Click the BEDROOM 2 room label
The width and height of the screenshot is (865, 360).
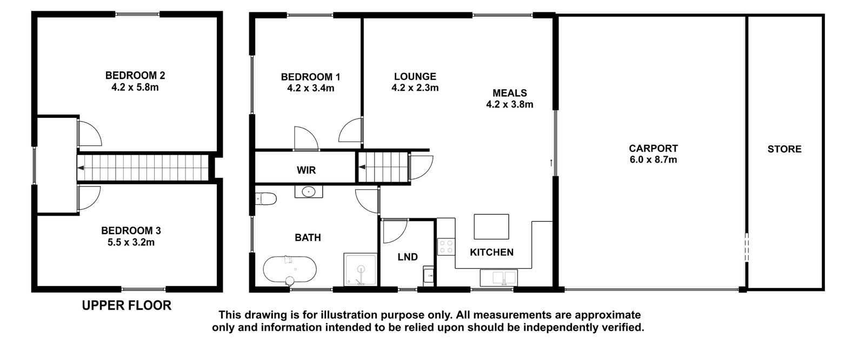[135, 75]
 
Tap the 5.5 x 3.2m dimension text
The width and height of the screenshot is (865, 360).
[131, 243]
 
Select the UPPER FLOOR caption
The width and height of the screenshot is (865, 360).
[127, 305]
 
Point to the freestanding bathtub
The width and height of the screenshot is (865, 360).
[290, 270]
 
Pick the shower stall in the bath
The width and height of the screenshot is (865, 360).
[360, 269]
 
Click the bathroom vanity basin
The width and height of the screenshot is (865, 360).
[309, 191]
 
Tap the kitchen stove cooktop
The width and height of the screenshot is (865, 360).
[446, 247]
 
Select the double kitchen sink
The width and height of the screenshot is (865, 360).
[498, 277]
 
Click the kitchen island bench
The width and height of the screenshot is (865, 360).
[491, 226]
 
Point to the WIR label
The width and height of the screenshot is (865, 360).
[306, 170]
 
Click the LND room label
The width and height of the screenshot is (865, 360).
[408, 257]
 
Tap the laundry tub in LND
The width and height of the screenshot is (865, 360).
[428, 276]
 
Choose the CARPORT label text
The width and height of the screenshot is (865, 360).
[654, 148]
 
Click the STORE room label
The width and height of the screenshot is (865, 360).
[784, 149]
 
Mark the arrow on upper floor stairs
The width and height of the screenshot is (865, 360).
[81, 168]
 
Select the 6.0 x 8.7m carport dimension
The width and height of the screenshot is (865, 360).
[654, 159]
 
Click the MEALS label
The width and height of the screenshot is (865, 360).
[510, 93]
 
